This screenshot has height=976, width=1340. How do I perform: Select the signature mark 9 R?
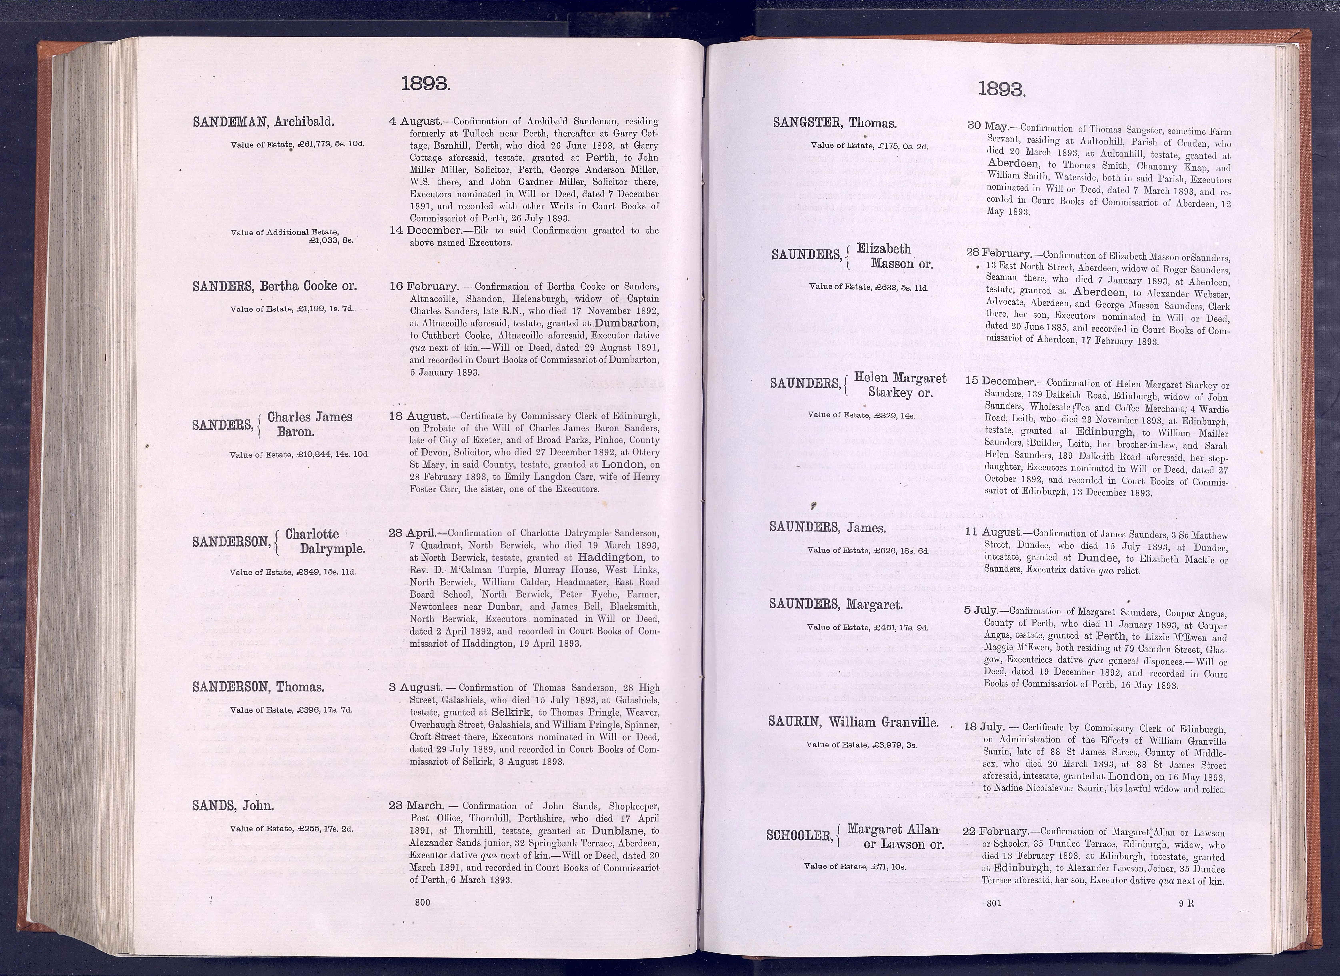[1186, 903]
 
